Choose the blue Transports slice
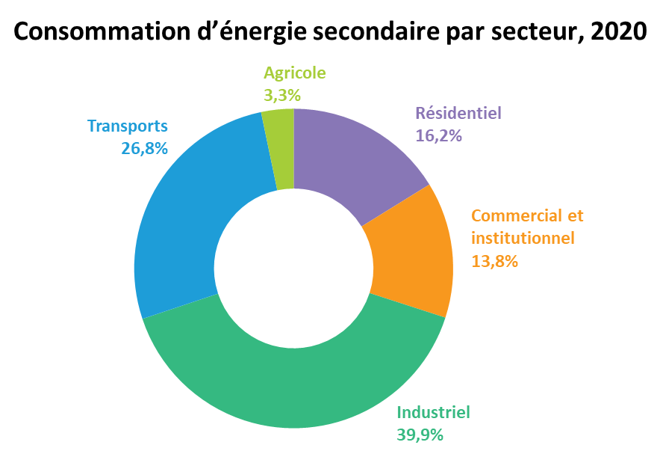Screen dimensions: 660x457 pos(185,219)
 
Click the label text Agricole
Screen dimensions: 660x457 pos(295,73)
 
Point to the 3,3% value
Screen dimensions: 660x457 pos(282,96)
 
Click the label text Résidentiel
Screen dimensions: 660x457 pos(458,113)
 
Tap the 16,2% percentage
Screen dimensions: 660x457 pos(438,135)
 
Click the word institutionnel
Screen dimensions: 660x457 pos(523,238)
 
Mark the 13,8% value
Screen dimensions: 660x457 pos(494,261)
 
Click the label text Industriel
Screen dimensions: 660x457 pos(434,412)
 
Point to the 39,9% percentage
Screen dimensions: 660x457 pos(420,435)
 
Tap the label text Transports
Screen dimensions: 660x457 pos(128,126)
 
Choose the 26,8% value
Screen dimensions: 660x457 pos(144,148)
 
